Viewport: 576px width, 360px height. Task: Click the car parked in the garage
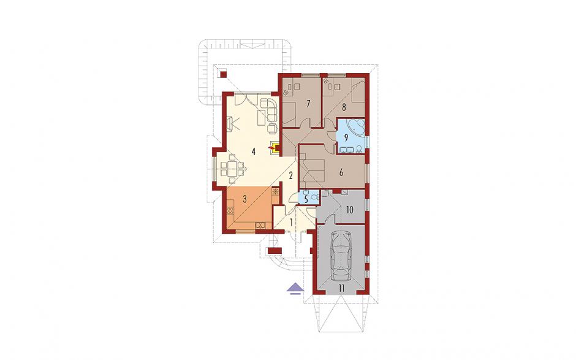click(341, 256)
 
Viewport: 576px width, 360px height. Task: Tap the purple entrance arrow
click(295, 289)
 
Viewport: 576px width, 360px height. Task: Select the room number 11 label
click(342, 288)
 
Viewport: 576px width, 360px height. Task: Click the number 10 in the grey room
click(349, 210)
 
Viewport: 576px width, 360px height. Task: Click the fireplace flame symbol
click(272, 147)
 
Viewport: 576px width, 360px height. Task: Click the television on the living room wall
click(231, 123)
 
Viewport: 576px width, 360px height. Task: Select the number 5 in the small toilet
click(305, 199)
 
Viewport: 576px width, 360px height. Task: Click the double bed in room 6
click(313, 170)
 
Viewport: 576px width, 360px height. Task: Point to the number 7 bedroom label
click(308, 104)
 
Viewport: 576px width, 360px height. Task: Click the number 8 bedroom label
click(344, 107)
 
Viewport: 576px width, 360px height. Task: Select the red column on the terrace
click(222, 75)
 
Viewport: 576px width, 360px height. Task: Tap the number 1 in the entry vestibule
click(291, 222)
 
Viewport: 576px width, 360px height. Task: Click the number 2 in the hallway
click(290, 175)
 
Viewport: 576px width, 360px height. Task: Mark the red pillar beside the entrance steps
click(275, 251)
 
